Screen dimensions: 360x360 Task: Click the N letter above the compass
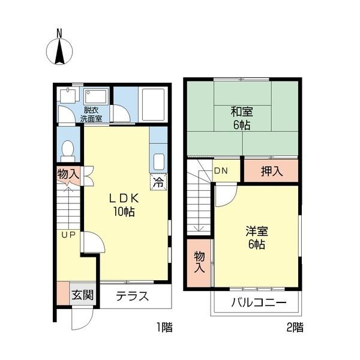pos(59,34)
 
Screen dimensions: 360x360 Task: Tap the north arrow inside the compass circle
pos(59,52)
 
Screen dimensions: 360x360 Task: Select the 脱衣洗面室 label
pos(91,115)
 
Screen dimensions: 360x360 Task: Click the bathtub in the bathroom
pos(153,104)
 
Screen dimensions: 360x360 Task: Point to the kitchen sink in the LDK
pos(158,161)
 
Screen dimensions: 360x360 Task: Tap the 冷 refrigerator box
pos(158,182)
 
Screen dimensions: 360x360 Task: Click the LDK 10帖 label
pos(124,205)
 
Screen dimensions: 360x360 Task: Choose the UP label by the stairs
pos(68,235)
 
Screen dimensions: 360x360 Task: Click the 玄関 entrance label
pos(82,295)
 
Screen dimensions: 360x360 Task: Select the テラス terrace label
pos(132,296)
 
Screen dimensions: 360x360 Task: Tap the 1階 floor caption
pos(164,327)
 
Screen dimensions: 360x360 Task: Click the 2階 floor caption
pos(295,327)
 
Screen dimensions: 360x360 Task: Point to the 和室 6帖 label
pos(242,118)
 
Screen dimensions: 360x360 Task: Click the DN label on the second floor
pos(221,170)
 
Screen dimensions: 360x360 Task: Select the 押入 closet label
pos(272,171)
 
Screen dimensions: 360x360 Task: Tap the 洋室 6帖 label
pos(257,238)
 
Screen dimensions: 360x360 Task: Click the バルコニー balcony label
pos(259,302)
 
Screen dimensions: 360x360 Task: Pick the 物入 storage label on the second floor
pos(199,262)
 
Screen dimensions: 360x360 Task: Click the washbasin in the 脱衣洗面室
pos(96,97)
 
